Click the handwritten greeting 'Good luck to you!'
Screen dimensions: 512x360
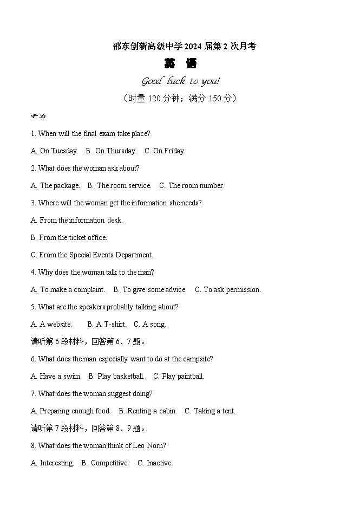[180, 81]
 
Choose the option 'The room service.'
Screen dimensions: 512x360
[124, 186]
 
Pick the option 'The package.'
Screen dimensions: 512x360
[60, 186]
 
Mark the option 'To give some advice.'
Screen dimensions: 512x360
[154, 290]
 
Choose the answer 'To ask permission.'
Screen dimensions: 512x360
[232, 290]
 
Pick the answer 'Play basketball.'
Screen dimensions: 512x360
[121, 377]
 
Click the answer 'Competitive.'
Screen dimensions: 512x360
[109, 463]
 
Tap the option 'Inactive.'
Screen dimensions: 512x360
[159, 463]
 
